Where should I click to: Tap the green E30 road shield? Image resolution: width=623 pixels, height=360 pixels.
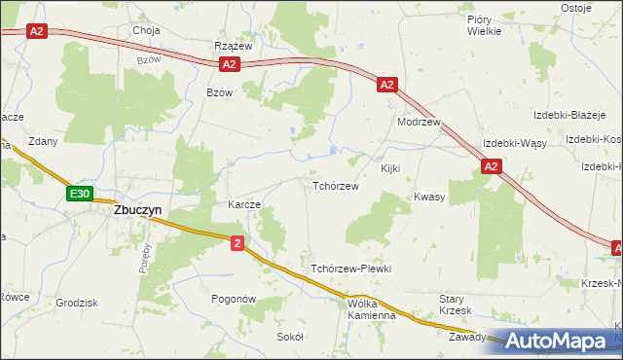coord(80,195)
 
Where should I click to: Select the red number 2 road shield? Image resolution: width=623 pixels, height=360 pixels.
coord(238,243)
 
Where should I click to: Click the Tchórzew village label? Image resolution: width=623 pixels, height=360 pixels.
coord(335,186)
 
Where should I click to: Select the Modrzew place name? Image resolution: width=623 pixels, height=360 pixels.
coord(420,124)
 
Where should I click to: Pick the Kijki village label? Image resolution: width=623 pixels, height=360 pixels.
coord(390,169)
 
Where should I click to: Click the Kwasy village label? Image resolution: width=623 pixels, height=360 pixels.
coord(429,197)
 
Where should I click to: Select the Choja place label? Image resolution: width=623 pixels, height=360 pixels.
coord(146,30)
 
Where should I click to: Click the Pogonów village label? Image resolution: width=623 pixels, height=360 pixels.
coord(233,301)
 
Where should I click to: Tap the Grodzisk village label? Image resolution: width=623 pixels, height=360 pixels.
coord(77,303)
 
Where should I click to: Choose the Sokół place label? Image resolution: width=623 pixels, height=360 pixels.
coord(290,336)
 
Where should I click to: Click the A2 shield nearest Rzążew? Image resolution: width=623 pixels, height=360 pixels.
coord(229,64)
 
